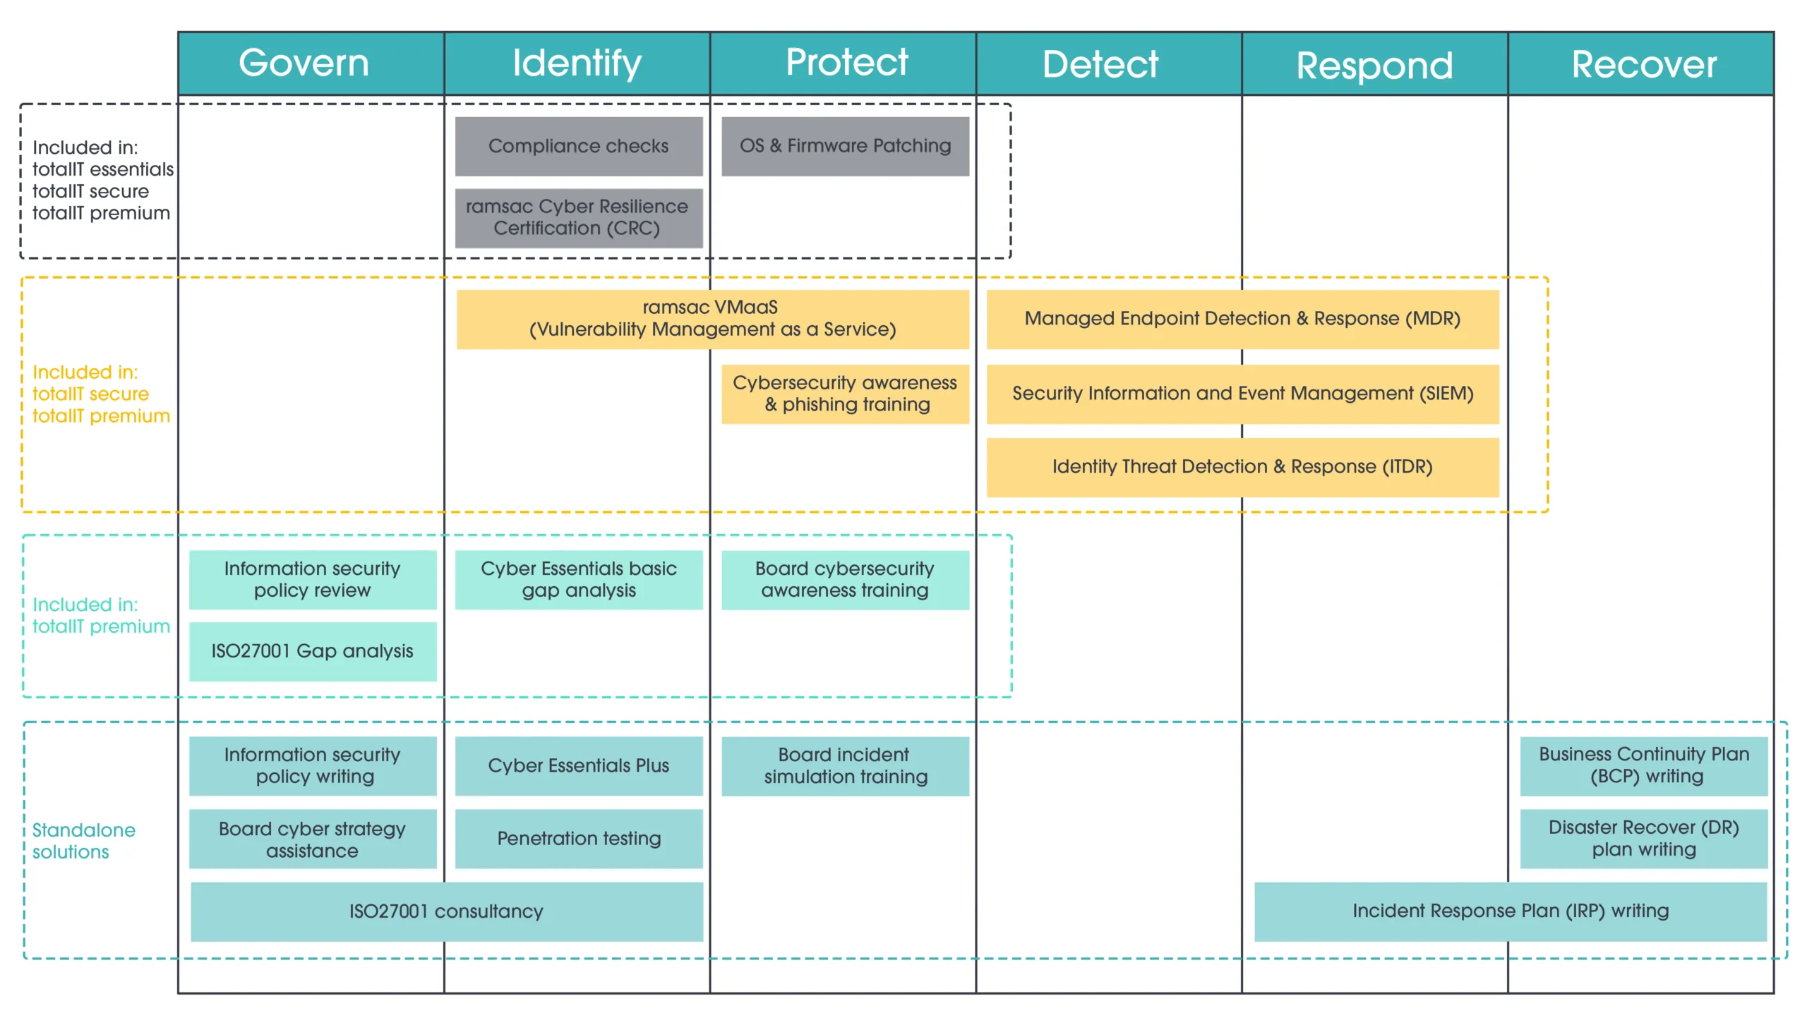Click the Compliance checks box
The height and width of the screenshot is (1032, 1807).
pos(578,146)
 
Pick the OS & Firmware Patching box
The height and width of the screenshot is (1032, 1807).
pos(845,146)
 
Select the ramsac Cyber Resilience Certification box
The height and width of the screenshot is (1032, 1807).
pos(578,217)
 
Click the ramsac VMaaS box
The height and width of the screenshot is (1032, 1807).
pos(712,319)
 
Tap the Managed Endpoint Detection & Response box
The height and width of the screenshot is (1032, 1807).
pos(1242,319)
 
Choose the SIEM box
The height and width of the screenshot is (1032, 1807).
pos(1242,394)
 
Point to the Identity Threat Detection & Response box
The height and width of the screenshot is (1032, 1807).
pos(1242,467)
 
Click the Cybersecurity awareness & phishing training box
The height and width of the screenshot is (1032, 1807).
pos(845,394)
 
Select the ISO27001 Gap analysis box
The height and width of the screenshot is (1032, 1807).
pos(312,651)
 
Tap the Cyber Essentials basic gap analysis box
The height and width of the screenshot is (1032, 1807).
pos(578,580)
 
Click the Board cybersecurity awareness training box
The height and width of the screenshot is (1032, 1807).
pos(845,580)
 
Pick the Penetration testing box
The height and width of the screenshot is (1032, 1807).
pos(578,839)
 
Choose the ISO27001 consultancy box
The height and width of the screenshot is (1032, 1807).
pos(446,911)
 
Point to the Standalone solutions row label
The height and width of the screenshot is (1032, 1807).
pos(84,841)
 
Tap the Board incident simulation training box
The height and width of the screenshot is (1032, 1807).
pos(845,766)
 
